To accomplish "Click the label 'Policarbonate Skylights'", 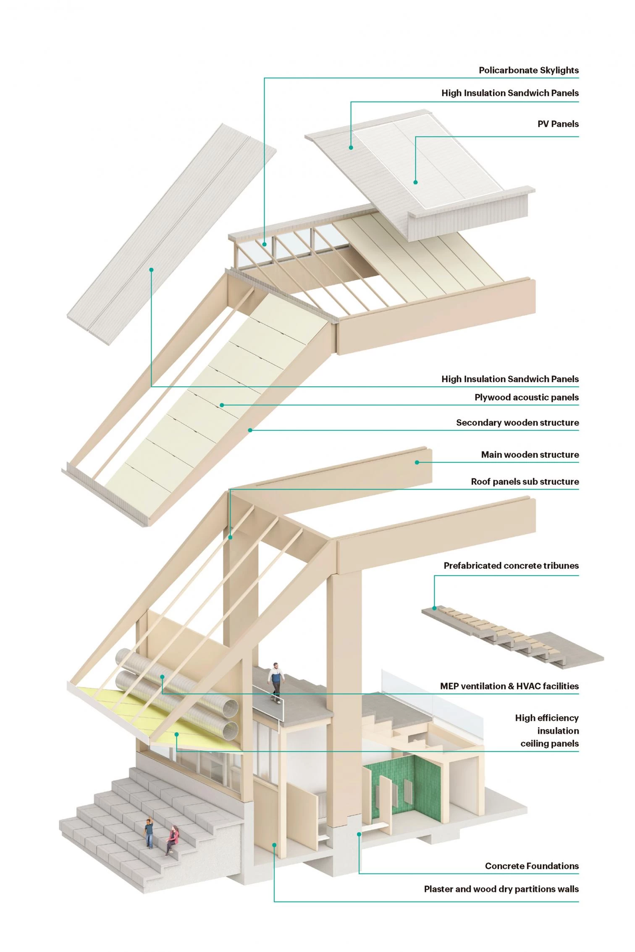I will click(528, 70).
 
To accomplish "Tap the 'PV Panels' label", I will click(558, 124).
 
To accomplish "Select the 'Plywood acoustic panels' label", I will click(526, 397).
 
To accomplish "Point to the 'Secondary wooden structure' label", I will click(517, 422).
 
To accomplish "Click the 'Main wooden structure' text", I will click(530, 454).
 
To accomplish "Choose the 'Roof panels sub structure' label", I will click(525, 481).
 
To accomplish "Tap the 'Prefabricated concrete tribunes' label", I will click(511, 565).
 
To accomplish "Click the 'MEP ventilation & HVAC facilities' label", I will click(509, 686).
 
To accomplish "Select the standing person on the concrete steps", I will click(149, 832).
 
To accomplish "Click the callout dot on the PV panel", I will click(415, 182).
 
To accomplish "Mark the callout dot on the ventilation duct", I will click(162, 677).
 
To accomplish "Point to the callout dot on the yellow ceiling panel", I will click(177, 734).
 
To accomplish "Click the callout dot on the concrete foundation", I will click(359, 834).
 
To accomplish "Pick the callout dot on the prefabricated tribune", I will click(435, 608).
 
